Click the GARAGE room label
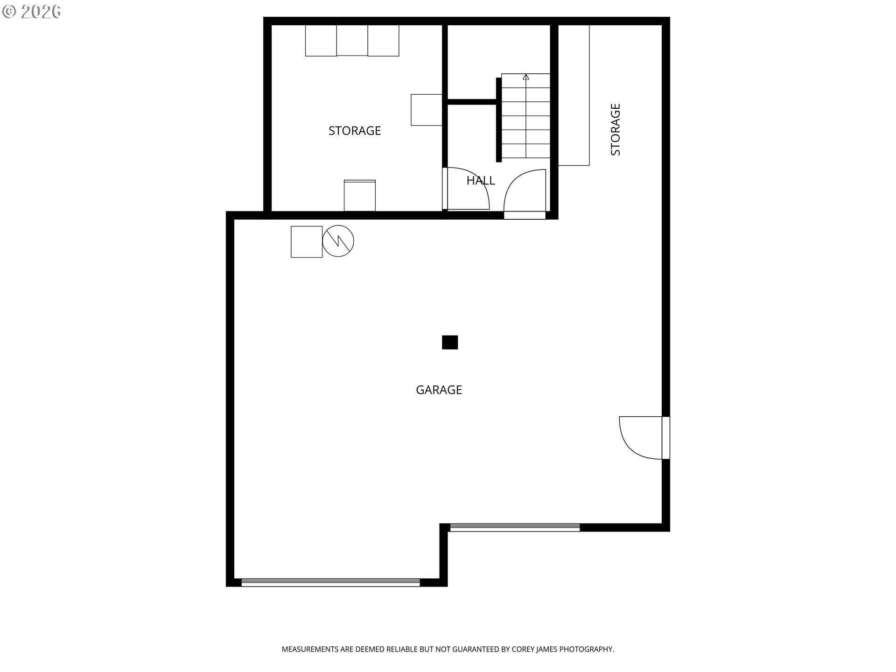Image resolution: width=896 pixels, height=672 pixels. [439, 390]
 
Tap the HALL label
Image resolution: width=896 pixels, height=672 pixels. [481, 181]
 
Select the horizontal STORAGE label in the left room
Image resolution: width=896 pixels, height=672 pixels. [355, 131]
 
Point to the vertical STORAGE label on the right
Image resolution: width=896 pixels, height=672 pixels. [616, 129]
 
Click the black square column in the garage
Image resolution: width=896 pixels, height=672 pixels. [450, 342]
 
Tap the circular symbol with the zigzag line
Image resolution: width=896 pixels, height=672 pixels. [338, 241]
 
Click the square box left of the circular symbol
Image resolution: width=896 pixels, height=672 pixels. [307, 242]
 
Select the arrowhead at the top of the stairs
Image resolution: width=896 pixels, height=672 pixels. [526, 77]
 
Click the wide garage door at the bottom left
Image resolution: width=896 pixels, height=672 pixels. [330, 582]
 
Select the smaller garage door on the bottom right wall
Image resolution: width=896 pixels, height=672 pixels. [514, 527]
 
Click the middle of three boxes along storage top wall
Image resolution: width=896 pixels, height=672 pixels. [352, 40]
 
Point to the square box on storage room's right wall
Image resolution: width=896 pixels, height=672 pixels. [427, 110]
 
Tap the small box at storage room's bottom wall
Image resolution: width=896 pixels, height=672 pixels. [360, 196]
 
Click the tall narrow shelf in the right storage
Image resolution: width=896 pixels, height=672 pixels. [574, 95]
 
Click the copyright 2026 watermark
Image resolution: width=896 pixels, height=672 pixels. [32, 12]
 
